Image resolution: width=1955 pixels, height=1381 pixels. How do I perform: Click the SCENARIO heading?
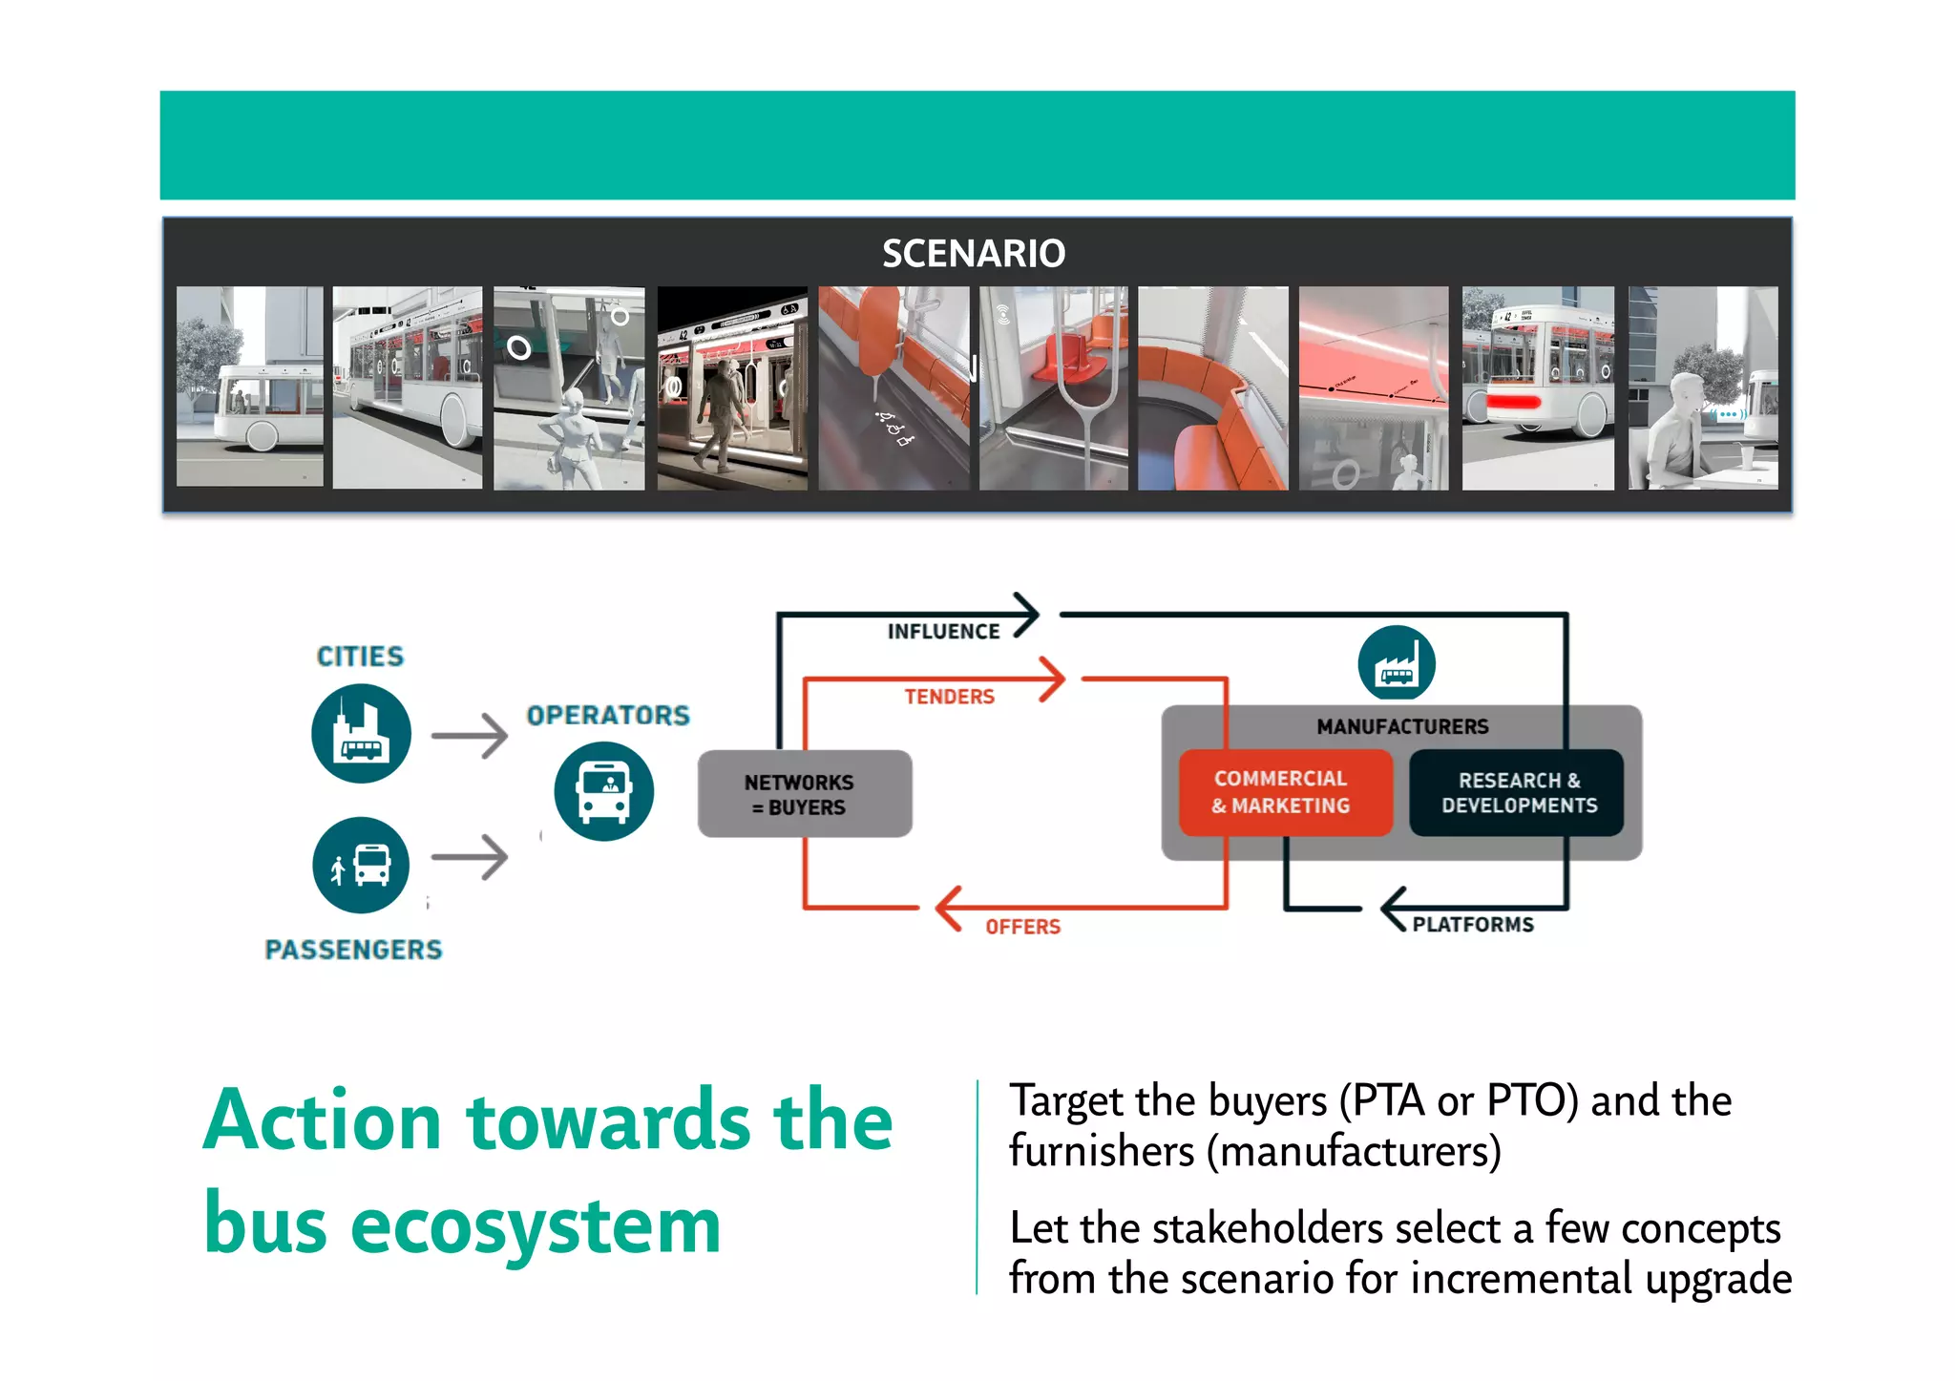pyautogui.click(x=973, y=254)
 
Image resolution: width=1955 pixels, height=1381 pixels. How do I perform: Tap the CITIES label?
pyautogui.click(x=360, y=657)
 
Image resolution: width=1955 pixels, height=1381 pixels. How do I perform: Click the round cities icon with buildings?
pyautogui.click(x=361, y=734)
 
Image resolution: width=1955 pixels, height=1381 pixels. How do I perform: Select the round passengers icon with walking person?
pyautogui.click(x=361, y=865)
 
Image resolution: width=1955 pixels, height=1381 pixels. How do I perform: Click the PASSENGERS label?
pyautogui.click(x=353, y=950)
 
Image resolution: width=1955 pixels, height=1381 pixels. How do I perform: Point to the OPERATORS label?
pyautogui.click(x=608, y=715)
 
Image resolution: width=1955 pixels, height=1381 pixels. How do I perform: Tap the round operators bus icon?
pyautogui.click(x=603, y=791)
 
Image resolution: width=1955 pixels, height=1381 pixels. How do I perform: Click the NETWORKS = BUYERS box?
pyautogui.click(x=804, y=794)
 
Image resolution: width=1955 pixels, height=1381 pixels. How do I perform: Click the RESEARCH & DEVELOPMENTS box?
pyautogui.click(x=1518, y=793)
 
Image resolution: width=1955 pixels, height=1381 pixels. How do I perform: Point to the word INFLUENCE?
pyautogui.click(x=943, y=632)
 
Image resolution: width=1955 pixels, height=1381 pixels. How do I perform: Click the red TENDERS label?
pyautogui.click(x=949, y=697)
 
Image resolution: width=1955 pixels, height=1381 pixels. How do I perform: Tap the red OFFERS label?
pyautogui.click(x=1022, y=927)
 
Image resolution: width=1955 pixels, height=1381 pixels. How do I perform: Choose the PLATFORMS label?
pyautogui.click(x=1473, y=925)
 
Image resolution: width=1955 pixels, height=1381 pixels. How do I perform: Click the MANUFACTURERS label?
pyautogui.click(x=1401, y=727)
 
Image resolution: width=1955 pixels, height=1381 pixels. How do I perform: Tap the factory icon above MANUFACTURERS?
pyautogui.click(x=1397, y=663)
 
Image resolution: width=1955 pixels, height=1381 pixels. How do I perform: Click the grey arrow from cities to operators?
pyautogui.click(x=469, y=736)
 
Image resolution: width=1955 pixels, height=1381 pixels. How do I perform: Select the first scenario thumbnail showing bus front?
pyautogui.click(x=249, y=387)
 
